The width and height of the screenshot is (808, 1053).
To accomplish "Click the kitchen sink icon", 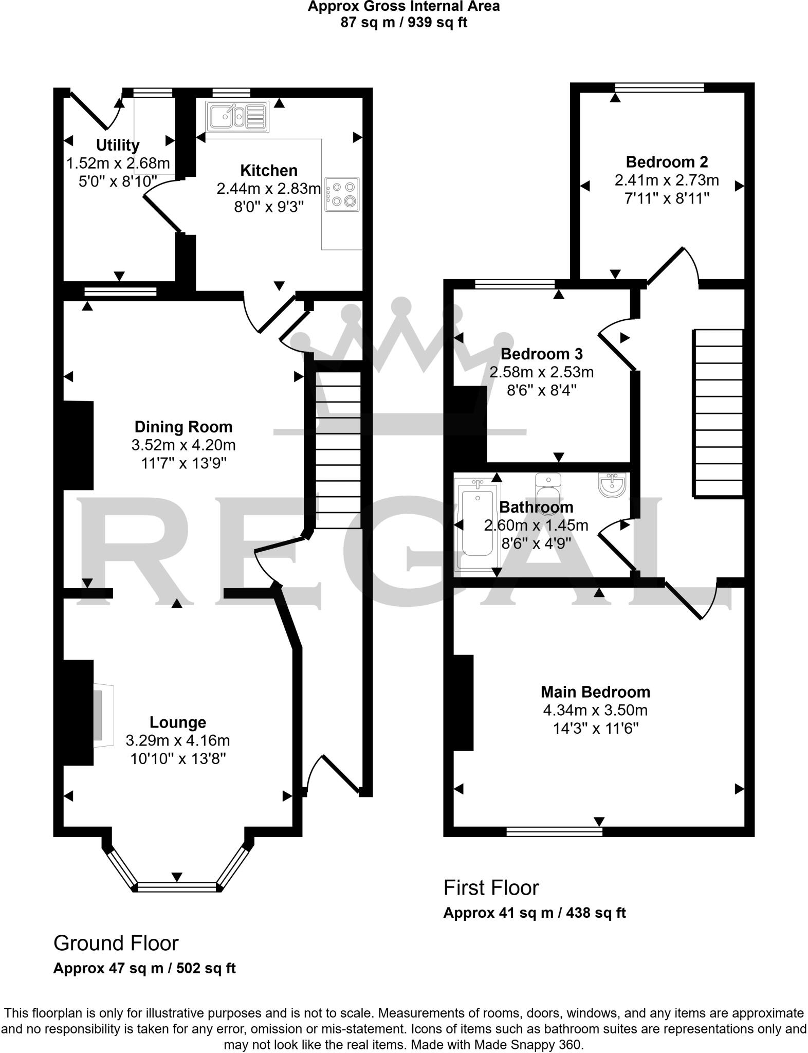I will coord(237,116).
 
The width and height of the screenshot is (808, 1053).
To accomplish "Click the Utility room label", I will coord(118,146).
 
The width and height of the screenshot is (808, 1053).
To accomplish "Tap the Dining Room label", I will coord(183,427).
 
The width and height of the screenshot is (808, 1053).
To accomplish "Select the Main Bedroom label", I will coord(595,692).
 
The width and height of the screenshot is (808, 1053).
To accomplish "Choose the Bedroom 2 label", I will coord(667,162).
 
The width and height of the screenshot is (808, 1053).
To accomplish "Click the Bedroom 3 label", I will coord(542,354).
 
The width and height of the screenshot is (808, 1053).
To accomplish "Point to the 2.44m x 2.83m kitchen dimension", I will coord(268,189).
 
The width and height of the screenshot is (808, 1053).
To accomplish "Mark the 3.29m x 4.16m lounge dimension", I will coord(177,740).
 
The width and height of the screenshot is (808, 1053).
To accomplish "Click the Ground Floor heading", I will coord(116,943).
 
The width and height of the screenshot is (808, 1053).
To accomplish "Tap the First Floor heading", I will coord(491,888).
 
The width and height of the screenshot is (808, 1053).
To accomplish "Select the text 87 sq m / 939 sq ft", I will coord(403,23).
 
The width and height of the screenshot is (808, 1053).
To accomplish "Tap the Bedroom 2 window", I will coord(659,88).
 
